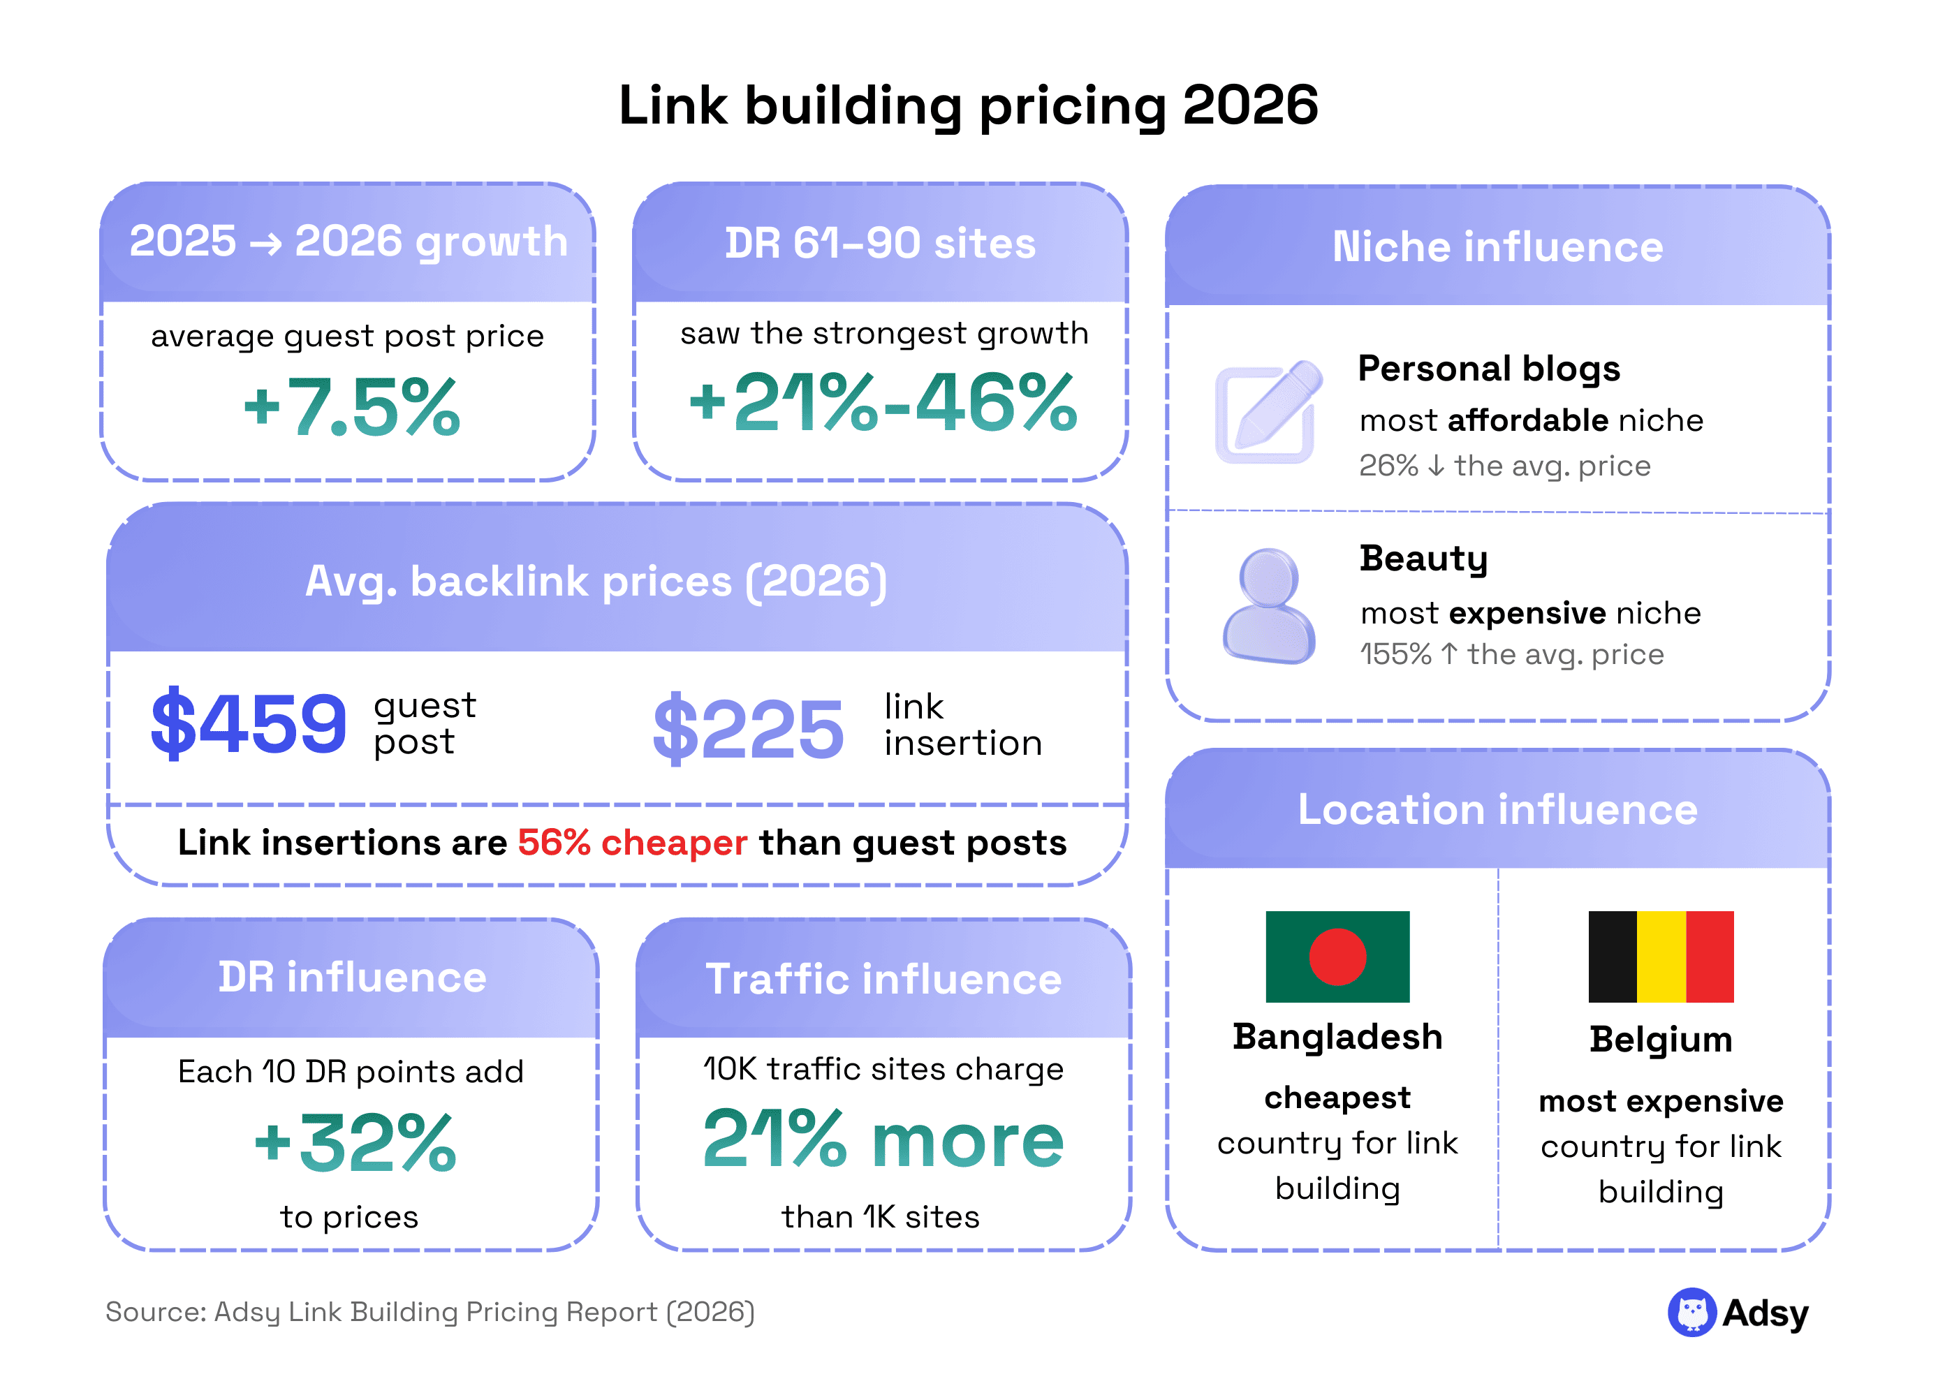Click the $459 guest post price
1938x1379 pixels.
[248, 723]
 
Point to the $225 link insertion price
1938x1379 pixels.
[747, 728]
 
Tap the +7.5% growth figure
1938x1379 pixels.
[351, 408]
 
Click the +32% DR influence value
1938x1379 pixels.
[355, 1143]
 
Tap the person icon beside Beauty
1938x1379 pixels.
[1268, 605]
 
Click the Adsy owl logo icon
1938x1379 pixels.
[1691, 1312]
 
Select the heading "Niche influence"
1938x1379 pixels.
[1497, 246]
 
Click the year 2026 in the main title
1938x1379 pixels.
[1249, 105]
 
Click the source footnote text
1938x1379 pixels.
[430, 1312]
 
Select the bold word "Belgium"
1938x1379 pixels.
[1660, 1040]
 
